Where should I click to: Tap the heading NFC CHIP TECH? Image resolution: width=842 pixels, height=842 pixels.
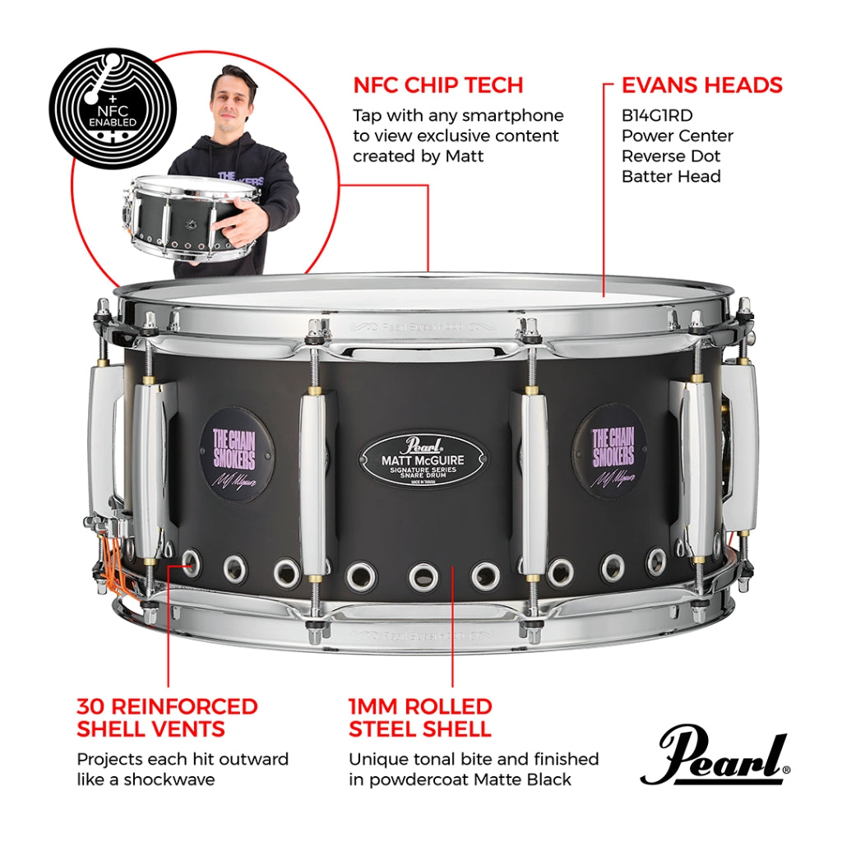[438, 85]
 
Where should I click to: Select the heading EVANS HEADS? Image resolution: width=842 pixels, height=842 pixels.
[701, 85]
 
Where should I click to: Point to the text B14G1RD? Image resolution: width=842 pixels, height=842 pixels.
[657, 116]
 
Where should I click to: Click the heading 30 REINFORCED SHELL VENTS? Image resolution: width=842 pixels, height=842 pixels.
[168, 717]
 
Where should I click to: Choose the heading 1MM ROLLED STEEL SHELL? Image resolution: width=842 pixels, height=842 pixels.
[420, 717]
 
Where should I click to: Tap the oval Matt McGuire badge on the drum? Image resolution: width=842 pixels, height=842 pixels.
[423, 457]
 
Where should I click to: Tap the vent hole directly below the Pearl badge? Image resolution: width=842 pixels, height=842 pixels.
[423, 576]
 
